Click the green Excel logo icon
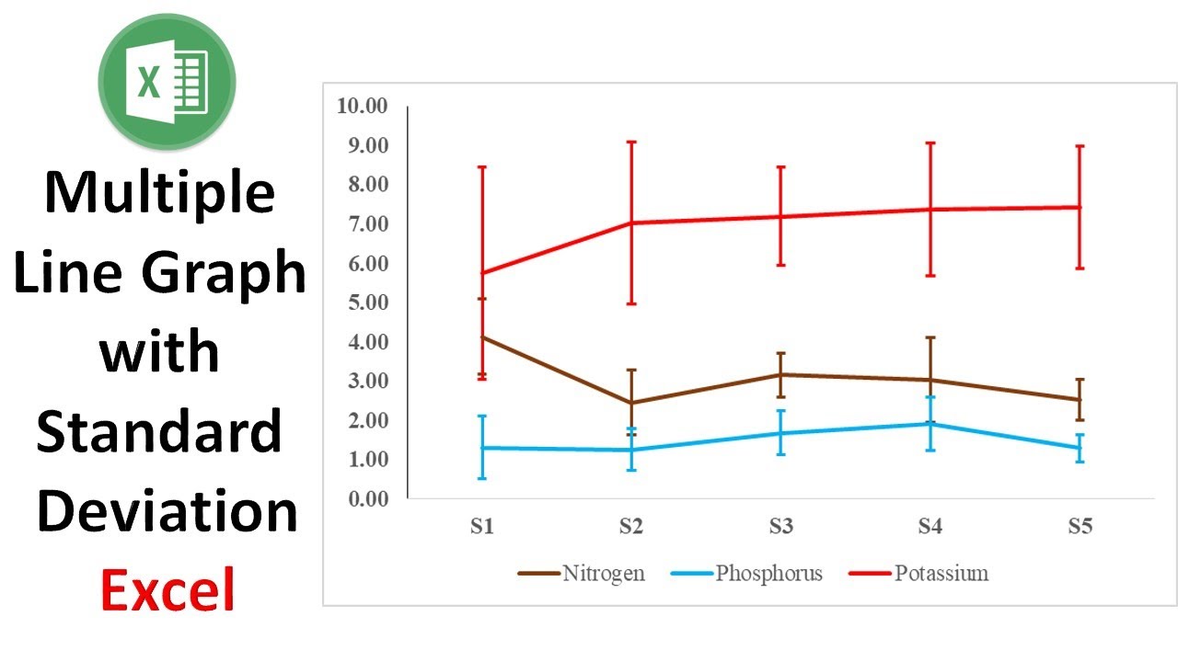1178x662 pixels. click(167, 81)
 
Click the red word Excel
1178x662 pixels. click(167, 589)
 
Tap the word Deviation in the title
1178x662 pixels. click(167, 510)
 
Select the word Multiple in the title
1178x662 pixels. click(160, 193)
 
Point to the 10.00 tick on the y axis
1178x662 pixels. click(363, 106)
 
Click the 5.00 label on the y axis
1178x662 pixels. click(363, 302)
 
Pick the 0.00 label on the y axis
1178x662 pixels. click(363, 498)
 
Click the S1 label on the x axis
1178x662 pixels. click(482, 528)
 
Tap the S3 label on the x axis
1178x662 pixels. click(780, 528)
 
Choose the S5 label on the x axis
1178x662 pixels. click(1080, 528)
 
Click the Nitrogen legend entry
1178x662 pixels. click(581, 574)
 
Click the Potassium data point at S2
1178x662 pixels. click(631, 223)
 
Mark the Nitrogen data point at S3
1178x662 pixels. click(780, 374)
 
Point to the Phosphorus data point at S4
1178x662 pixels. click(930, 424)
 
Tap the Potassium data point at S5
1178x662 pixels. click(1080, 207)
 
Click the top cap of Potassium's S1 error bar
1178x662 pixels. click(482, 167)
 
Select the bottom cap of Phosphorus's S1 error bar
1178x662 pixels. click(482, 478)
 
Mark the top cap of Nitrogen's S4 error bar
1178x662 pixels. click(930, 337)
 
